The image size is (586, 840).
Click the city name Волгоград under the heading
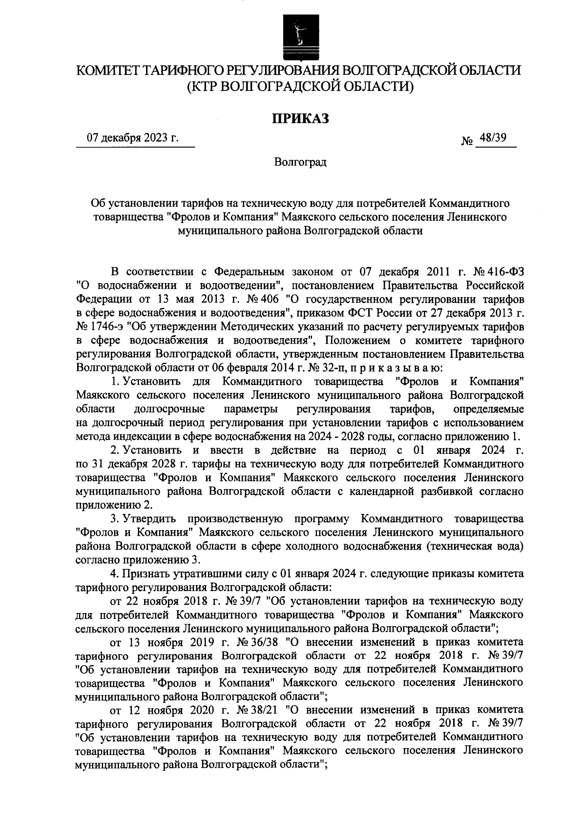pyautogui.click(x=300, y=162)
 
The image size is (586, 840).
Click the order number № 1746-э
pyautogui.click(x=102, y=325)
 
